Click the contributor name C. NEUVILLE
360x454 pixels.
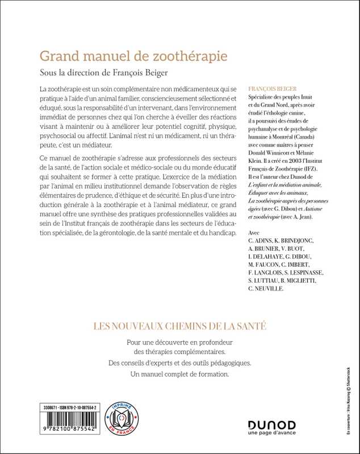[267, 288]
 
